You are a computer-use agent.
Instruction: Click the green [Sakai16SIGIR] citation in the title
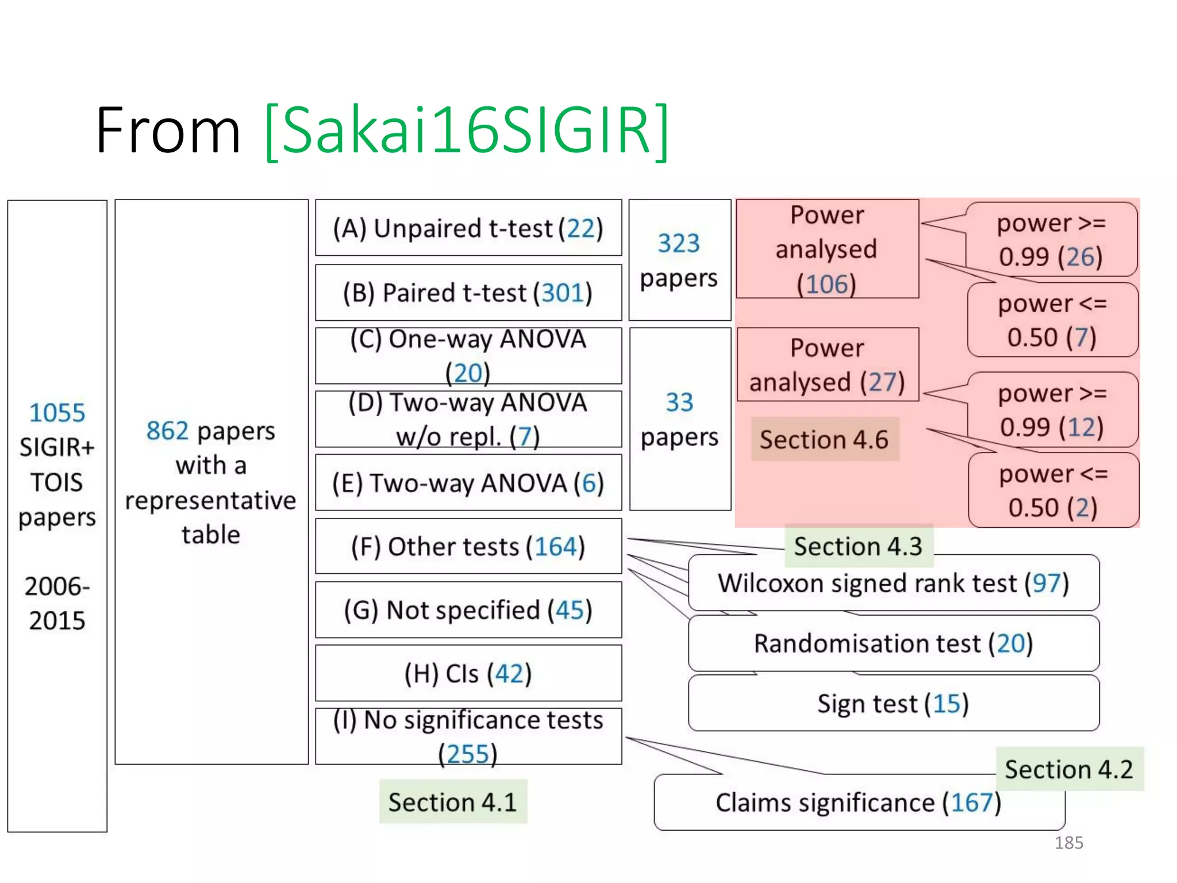pyautogui.click(x=467, y=131)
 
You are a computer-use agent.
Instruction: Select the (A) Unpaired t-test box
pyautogui.click(x=468, y=228)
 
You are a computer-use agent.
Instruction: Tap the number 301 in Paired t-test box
pyautogui.click(x=562, y=293)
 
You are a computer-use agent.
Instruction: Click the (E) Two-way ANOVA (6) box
pyautogui.click(x=468, y=483)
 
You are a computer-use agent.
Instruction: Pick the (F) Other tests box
pyautogui.click(x=468, y=546)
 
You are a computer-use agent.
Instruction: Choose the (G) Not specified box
pyautogui.click(x=468, y=610)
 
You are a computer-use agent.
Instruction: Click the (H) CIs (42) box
pyautogui.click(x=468, y=673)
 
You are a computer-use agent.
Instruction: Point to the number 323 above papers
pyautogui.click(x=679, y=243)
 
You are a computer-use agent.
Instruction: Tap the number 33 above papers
pyautogui.click(x=679, y=402)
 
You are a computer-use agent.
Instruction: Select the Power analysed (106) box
pyautogui.click(x=827, y=249)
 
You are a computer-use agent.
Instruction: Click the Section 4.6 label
pyautogui.click(x=824, y=439)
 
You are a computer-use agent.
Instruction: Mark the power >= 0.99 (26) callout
pyautogui.click(x=1051, y=240)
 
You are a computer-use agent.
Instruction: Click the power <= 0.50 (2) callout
pyautogui.click(x=1053, y=490)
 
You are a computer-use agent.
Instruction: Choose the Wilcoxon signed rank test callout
pyautogui.click(x=893, y=583)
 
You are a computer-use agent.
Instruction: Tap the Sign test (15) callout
pyautogui.click(x=893, y=704)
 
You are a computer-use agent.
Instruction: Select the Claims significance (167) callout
pyautogui.click(x=859, y=803)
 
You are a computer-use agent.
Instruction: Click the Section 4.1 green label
pyautogui.click(x=453, y=802)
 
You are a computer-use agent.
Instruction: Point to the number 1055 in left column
pyautogui.click(x=57, y=413)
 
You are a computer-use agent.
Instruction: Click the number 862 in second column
pyautogui.click(x=167, y=431)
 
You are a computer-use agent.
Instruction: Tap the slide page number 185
pyautogui.click(x=1068, y=843)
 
